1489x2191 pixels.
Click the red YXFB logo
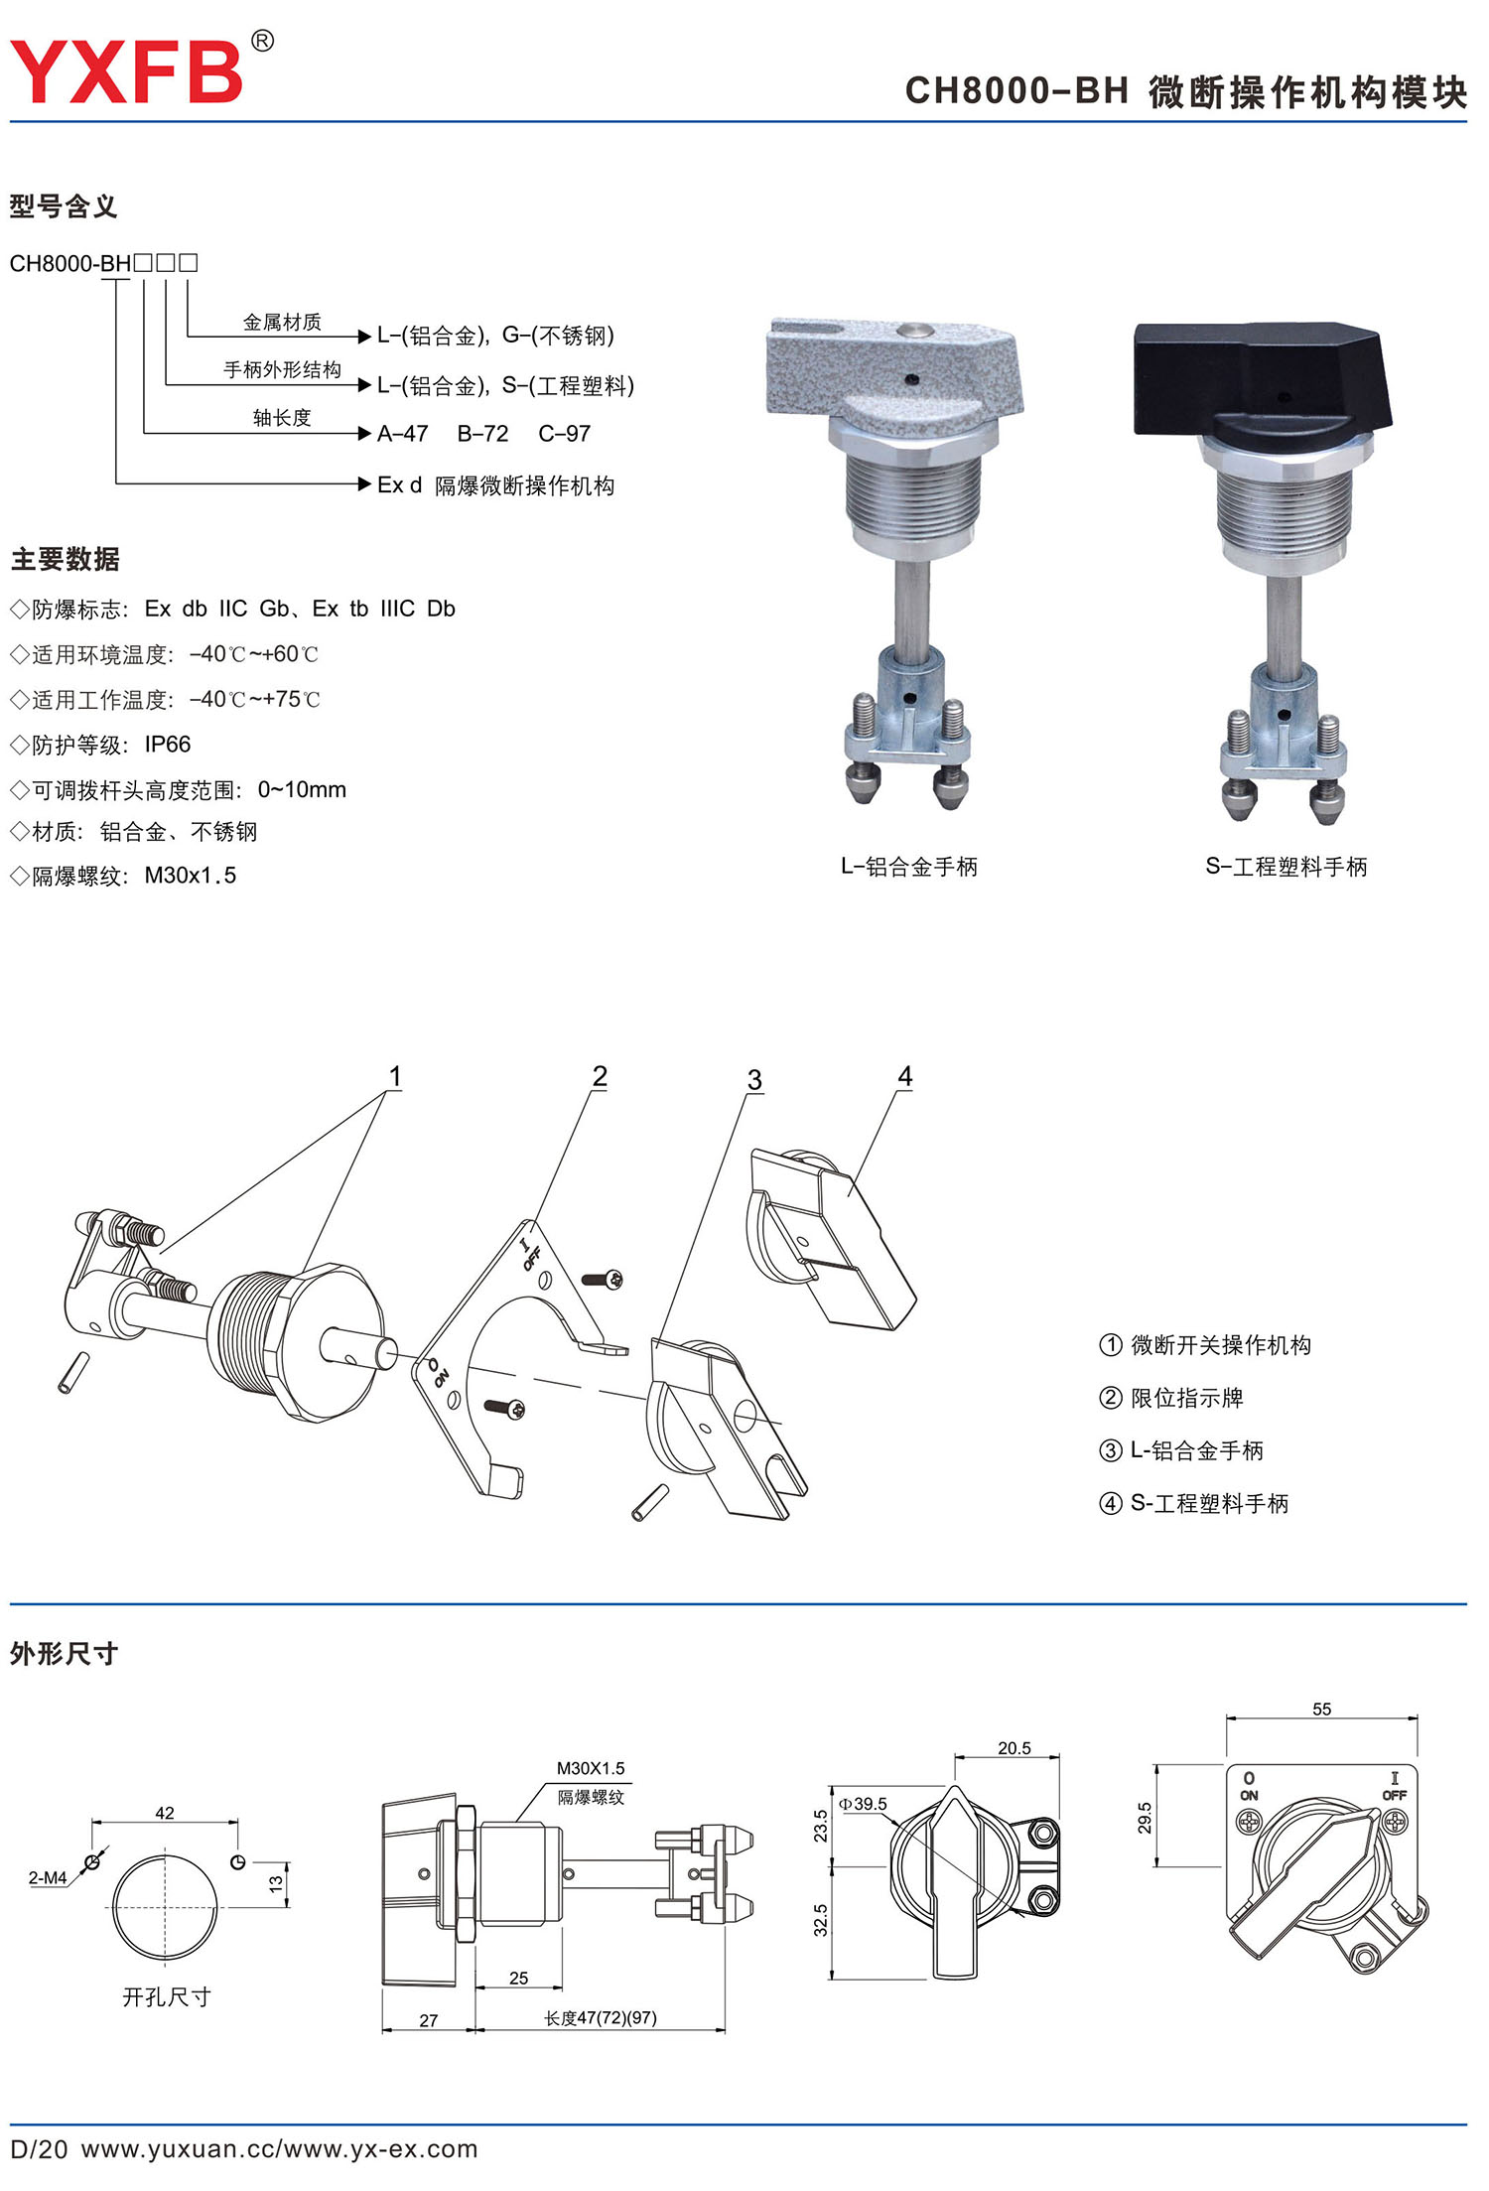(x=126, y=71)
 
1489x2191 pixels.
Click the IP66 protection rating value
(x=168, y=745)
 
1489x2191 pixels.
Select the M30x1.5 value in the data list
(x=191, y=876)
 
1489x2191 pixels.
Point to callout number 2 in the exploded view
(x=600, y=1076)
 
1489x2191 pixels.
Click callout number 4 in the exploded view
(x=905, y=1076)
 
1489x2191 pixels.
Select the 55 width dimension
(x=1322, y=1710)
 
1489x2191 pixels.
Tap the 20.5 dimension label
(x=1015, y=1748)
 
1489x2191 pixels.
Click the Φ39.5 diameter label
(x=863, y=1804)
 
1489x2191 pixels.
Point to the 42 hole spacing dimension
(x=165, y=1813)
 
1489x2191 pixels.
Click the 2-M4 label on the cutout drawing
(x=48, y=1878)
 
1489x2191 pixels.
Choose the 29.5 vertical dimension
(x=1145, y=1818)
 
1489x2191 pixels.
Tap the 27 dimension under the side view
(x=429, y=2020)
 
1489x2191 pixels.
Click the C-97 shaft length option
(x=565, y=434)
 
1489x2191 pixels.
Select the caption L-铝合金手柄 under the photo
(x=909, y=867)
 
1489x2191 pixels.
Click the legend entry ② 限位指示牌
(x=1171, y=1398)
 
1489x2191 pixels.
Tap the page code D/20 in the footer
(x=39, y=2149)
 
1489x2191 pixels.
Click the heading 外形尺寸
(x=64, y=1654)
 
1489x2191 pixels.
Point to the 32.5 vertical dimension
(x=820, y=1920)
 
